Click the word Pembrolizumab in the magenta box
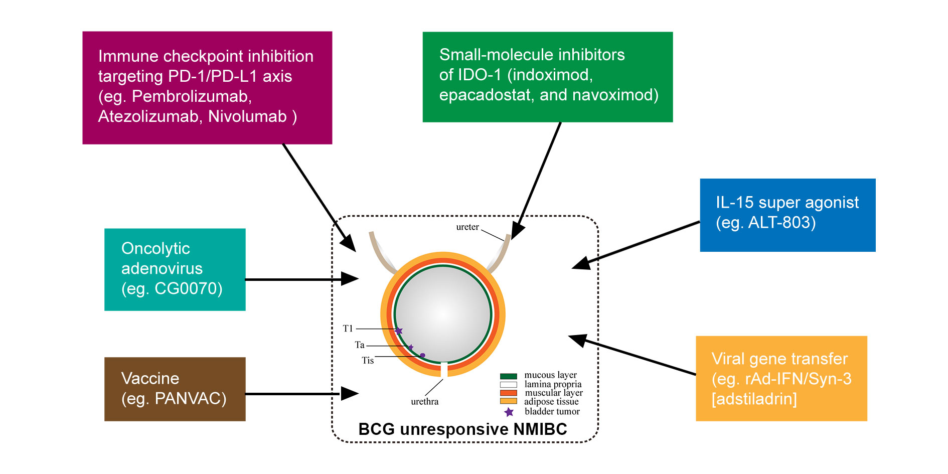[192, 96]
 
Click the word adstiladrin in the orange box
[754, 399]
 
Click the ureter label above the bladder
[467, 227]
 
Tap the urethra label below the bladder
[425, 402]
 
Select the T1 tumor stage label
[348, 329]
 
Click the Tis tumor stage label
[368, 361]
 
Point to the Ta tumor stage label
[360, 345]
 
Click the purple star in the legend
[509, 412]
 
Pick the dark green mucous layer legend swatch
[509, 376]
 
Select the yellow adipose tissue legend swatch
[509, 401]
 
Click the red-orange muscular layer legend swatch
[509, 393]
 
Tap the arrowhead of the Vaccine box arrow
[350, 394]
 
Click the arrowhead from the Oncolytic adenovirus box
[350, 279]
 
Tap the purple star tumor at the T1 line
[399, 331]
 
